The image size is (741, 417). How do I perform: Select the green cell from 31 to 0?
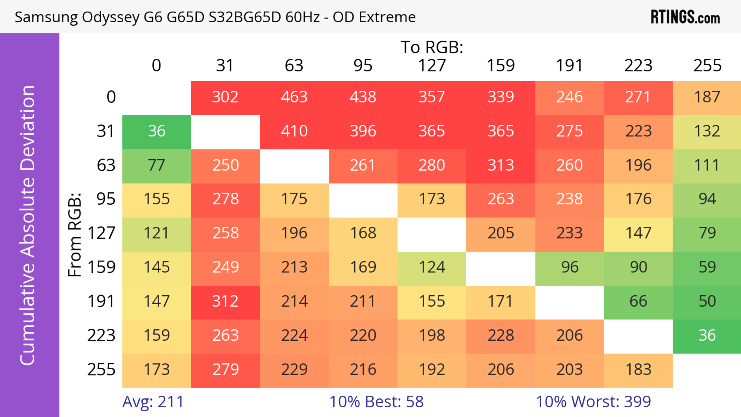tap(156, 131)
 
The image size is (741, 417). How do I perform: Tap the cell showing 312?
tap(225, 302)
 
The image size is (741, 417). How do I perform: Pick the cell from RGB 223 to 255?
tap(707, 336)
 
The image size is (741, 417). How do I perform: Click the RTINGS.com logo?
tap(685, 17)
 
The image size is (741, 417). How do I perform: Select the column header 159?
tap(501, 66)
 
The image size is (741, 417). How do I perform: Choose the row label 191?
tap(101, 302)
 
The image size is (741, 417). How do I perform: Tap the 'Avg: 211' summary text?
tap(153, 402)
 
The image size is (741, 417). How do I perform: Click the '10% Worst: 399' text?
tap(593, 402)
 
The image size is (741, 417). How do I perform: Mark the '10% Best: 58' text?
tap(376, 402)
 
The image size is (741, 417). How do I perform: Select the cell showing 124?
tap(432, 267)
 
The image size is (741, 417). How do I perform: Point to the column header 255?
tap(707, 66)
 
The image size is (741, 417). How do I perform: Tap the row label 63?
tap(106, 165)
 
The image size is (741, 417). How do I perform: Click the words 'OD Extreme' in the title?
tap(374, 17)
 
